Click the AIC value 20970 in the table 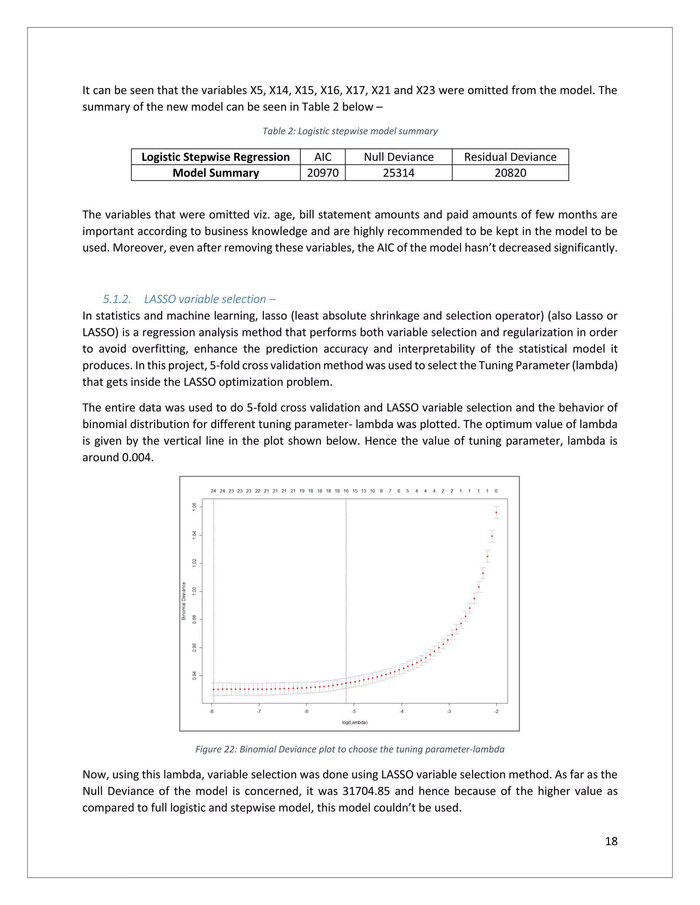(323, 173)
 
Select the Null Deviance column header (399, 157)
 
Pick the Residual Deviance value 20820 (510, 173)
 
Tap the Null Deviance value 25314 (399, 173)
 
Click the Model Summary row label (216, 173)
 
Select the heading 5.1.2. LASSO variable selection (189, 299)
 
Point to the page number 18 (611, 841)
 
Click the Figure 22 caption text (350, 749)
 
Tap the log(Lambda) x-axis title (354, 722)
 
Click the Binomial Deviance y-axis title (184, 601)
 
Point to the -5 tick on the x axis (354, 711)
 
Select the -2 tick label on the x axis (496, 711)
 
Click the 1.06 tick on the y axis (194, 507)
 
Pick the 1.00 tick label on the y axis (194, 591)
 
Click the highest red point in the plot (496, 512)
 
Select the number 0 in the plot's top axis (496, 491)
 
